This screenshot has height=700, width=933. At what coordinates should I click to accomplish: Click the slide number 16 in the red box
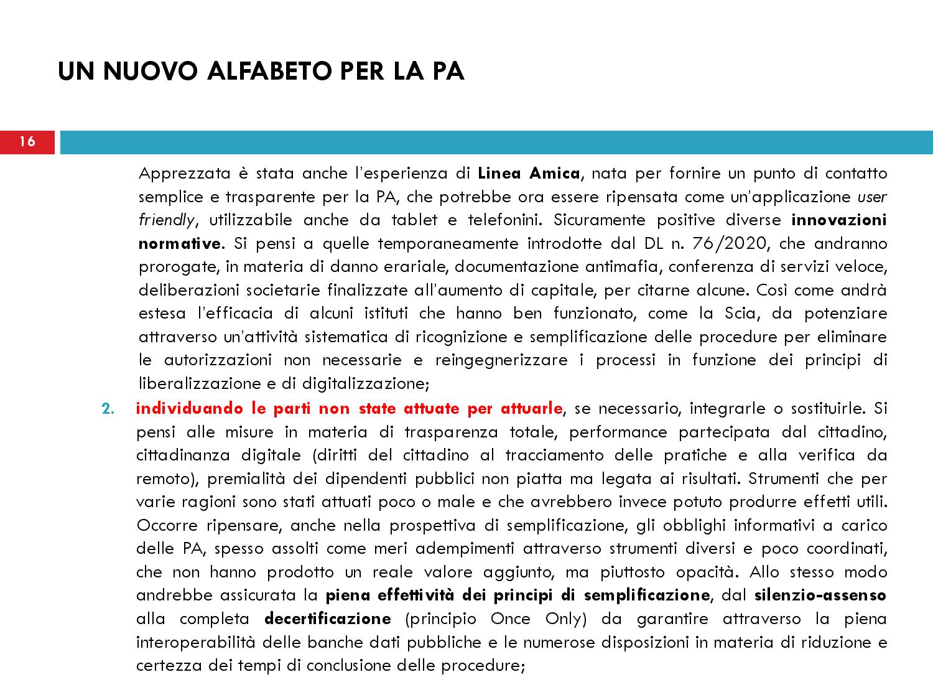click(27, 142)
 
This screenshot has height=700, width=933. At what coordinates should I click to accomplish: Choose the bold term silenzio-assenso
click(820, 595)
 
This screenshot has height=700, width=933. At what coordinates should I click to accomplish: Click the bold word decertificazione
click(327, 619)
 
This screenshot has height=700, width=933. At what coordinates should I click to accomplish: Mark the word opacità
click(708, 572)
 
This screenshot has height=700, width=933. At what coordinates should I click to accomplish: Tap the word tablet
click(414, 220)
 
